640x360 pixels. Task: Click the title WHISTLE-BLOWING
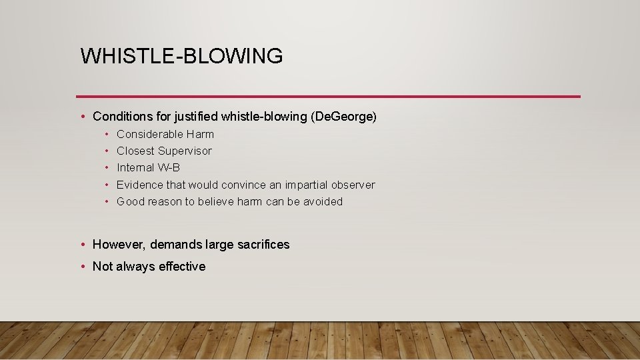tap(181, 56)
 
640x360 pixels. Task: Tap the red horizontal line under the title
tap(328, 97)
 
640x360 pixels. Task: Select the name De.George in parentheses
tap(343, 117)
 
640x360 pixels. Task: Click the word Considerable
tap(150, 134)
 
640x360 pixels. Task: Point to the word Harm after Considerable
tap(200, 134)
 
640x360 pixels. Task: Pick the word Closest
tap(135, 151)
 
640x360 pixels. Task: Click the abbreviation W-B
tap(169, 168)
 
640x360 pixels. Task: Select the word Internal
tap(135, 168)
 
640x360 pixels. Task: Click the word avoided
tap(323, 201)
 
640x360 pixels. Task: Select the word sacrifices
tap(262, 245)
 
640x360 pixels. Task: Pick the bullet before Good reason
tap(107, 201)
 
